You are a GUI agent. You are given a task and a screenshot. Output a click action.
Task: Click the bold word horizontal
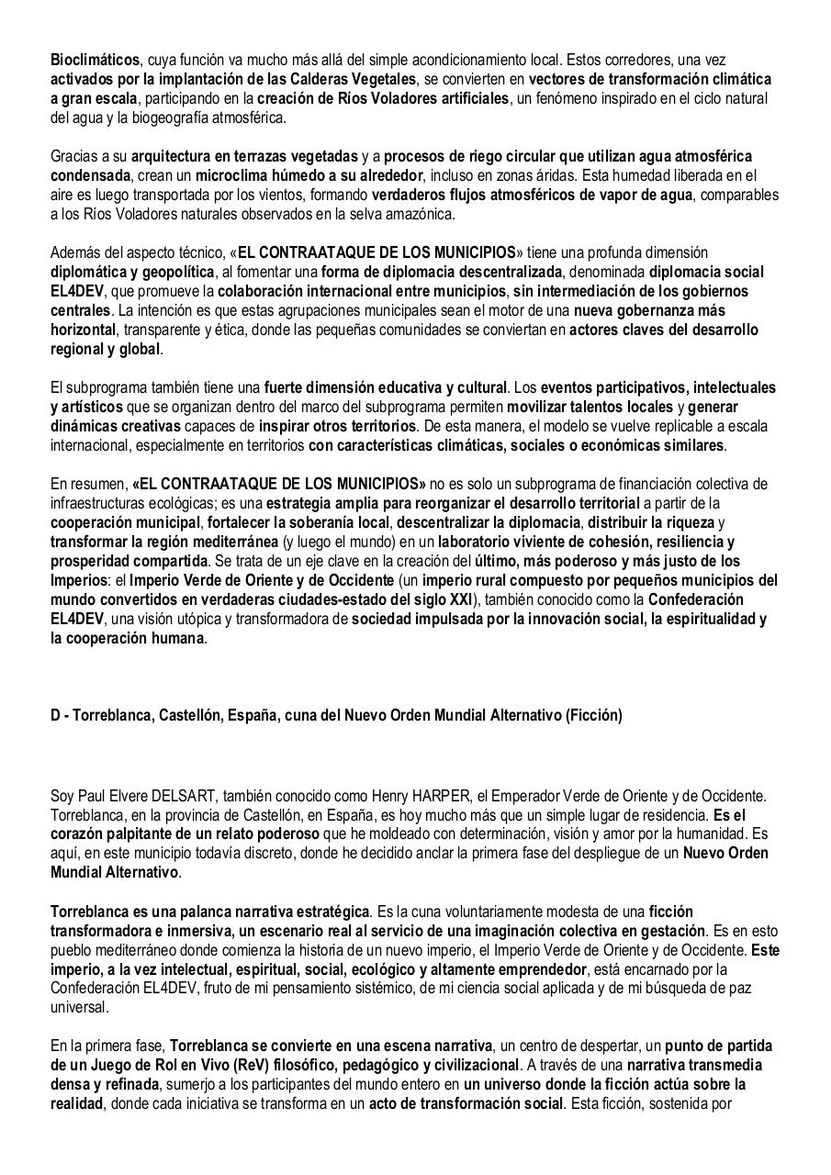click(x=82, y=330)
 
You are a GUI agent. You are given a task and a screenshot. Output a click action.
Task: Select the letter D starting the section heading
click(x=55, y=715)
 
